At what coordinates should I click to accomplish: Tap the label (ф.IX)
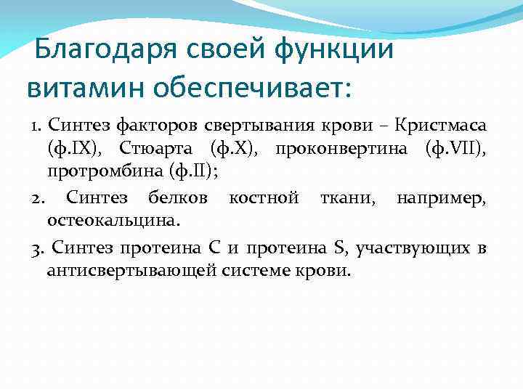pos(73,150)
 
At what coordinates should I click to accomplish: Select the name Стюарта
pos(158,150)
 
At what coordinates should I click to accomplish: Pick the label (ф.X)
pos(232,150)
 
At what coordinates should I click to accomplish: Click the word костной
pos(263,197)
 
